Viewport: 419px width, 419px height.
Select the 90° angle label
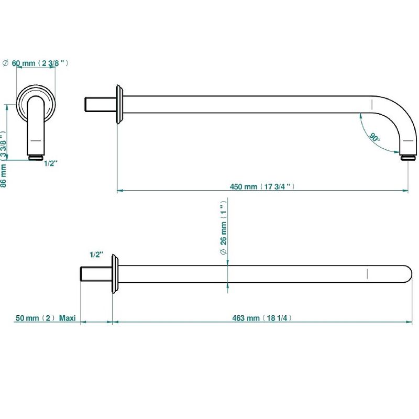tap(374, 137)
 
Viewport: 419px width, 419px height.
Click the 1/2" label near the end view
tap(50, 163)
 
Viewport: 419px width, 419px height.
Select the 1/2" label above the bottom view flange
tap(96, 255)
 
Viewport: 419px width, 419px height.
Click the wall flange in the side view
tap(119, 104)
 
